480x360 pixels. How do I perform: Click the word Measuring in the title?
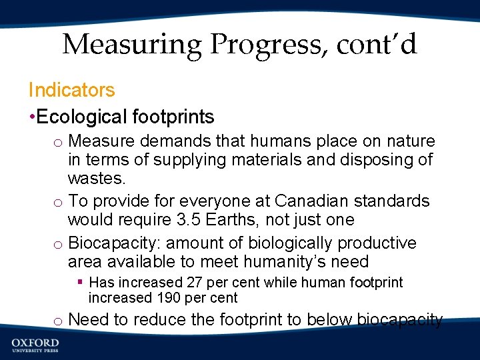131,45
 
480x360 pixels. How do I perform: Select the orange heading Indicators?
71,90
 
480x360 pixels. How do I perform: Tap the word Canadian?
315,201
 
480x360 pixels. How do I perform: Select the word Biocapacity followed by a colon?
111,243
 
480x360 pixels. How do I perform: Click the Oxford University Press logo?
35,345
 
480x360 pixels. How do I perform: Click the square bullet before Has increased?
79,283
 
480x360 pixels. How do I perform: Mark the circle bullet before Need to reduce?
59,321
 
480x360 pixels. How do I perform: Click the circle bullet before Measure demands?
59,143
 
